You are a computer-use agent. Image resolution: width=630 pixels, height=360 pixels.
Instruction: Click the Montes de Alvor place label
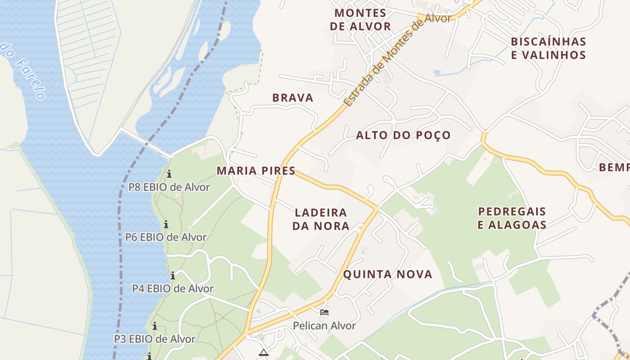(360, 20)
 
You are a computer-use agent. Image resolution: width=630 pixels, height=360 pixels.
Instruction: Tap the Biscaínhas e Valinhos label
(548, 49)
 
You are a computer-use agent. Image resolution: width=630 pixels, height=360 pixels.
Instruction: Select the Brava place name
(292, 98)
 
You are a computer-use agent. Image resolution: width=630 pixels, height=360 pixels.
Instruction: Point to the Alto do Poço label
(403, 135)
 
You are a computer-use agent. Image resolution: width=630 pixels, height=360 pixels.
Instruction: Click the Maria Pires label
(256, 171)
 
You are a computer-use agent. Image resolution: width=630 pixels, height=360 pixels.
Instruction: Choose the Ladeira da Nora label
(321, 219)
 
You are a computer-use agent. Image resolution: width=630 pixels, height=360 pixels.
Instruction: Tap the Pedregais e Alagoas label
(512, 218)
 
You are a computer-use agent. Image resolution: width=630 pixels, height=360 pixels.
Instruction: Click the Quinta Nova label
(387, 274)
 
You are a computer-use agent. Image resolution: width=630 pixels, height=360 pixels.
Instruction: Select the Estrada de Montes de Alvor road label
(397, 60)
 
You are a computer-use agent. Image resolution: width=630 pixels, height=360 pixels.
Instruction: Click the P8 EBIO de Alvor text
(169, 187)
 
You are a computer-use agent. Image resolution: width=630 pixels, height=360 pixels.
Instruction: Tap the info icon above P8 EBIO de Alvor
(169, 174)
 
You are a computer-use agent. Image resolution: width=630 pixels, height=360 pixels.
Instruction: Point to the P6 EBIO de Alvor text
(166, 237)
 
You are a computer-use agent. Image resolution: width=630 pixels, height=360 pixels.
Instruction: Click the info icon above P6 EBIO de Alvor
(166, 224)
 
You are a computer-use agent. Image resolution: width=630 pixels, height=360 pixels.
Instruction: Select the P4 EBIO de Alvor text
(173, 288)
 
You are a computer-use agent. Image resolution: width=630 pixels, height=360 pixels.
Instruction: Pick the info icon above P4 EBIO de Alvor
(173, 275)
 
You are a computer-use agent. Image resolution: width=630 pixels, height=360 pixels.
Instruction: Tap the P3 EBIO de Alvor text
(155, 339)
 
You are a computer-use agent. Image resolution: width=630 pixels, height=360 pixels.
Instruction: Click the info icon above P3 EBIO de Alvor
(155, 326)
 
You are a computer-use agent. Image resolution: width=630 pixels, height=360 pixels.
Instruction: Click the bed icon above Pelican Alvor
(324, 312)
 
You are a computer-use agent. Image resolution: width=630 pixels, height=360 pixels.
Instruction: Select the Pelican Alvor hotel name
(324, 326)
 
